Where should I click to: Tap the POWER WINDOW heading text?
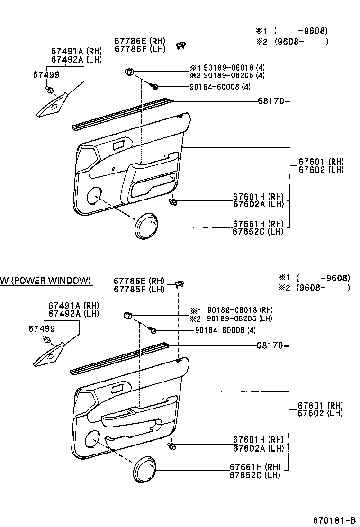pyautogui.click(x=45, y=281)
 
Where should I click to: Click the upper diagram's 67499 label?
pyautogui.click(x=46, y=74)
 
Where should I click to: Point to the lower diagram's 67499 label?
pyautogui.click(x=41, y=328)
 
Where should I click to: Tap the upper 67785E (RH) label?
pyautogui.click(x=139, y=41)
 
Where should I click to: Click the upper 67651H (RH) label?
pyautogui.click(x=258, y=224)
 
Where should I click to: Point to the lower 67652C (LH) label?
pyautogui.click(x=255, y=475)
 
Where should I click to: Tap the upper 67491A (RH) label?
pyautogui.click(x=76, y=52)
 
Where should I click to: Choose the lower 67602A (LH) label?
pyautogui.click(x=258, y=448)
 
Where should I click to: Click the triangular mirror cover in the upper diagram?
pyautogui.click(x=52, y=107)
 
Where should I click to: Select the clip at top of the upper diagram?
pyautogui.click(x=181, y=45)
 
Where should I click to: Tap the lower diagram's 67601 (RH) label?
pyautogui.click(x=320, y=406)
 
